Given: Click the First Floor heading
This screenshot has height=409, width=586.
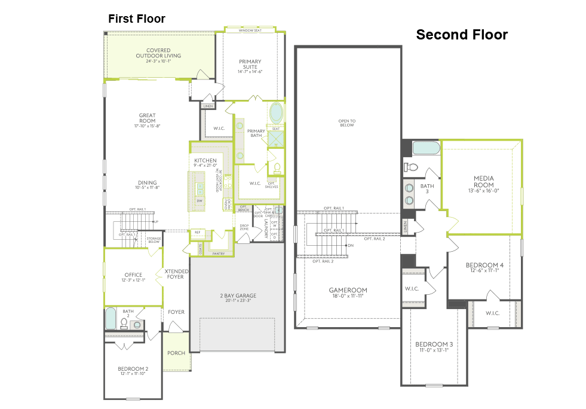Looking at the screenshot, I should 136,19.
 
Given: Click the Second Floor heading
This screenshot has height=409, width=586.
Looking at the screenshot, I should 462,35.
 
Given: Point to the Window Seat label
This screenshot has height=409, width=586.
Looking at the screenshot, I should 250,30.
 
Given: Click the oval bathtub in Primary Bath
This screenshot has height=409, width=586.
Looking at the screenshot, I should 277,113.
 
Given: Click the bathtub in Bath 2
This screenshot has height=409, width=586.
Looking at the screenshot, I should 111,319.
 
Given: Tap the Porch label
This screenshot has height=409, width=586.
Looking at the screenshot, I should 176,353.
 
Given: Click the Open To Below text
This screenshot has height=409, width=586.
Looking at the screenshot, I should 346,123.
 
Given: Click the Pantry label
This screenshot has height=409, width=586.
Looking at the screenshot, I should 218,254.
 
